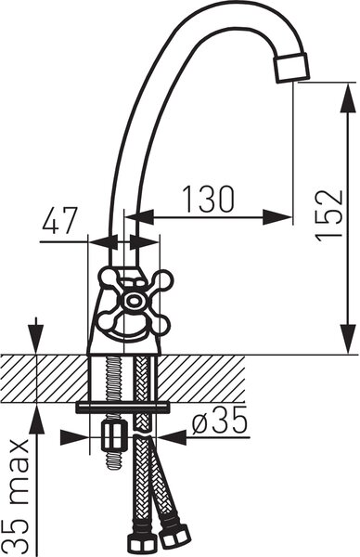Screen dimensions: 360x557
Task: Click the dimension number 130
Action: click(209, 199)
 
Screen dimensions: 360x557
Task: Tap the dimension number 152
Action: click(330, 216)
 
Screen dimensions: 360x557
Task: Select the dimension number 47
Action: click(59, 221)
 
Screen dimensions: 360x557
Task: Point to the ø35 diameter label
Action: click(219, 421)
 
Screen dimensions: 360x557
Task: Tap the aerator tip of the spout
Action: click(291, 68)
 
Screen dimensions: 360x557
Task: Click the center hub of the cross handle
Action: click(134, 301)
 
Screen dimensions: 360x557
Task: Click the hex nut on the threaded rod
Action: click(114, 435)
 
